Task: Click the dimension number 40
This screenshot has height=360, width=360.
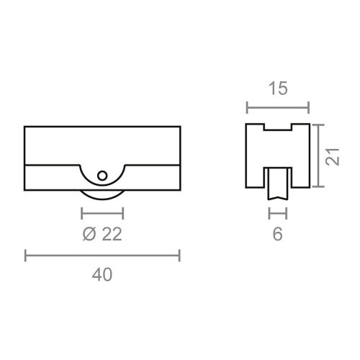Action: coord(103,274)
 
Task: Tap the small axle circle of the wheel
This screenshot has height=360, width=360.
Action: coord(102,175)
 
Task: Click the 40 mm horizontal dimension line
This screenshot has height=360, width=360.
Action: coord(102,254)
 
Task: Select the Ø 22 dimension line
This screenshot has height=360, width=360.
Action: coord(102,213)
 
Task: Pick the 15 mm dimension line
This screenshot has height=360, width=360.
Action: coord(278,108)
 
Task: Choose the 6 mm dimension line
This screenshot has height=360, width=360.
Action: coord(278,213)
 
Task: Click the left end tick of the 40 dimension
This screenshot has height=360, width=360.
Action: coord(26,254)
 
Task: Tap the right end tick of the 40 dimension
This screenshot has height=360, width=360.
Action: coord(179,254)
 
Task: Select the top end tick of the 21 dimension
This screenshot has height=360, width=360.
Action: coord(318,124)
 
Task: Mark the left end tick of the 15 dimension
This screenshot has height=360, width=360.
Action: coord(247,108)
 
